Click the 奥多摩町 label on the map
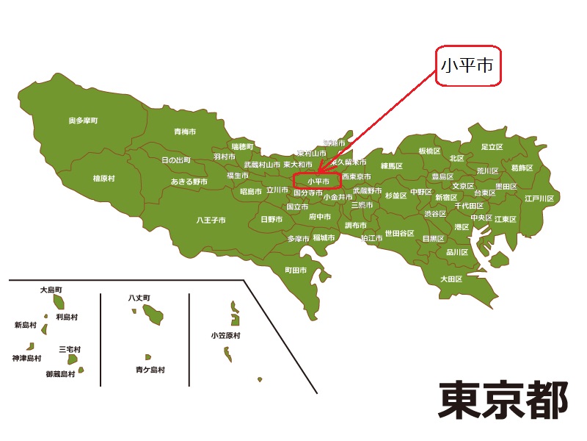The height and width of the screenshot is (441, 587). pyautogui.click(x=83, y=120)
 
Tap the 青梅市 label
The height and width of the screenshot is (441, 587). pyautogui.click(x=185, y=132)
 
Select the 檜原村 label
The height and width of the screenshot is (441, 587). pyautogui.click(x=103, y=178)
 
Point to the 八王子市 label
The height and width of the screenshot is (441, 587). pyautogui.click(x=211, y=220)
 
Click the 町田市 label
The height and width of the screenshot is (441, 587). pyautogui.click(x=295, y=270)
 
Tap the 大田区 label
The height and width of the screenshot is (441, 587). pyautogui.click(x=451, y=279)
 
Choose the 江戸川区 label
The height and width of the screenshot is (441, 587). pyautogui.click(x=539, y=198)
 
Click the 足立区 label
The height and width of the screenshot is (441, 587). pyautogui.click(x=492, y=147)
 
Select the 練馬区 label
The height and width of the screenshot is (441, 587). pyautogui.click(x=393, y=166)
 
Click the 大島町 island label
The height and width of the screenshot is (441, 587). pyautogui.click(x=52, y=290)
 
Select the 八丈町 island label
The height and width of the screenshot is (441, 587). pyautogui.click(x=139, y=298)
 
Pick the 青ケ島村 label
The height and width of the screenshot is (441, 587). pyautogui.click(x=150, y=370)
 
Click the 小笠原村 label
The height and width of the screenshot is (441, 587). pyautogui.click(x=225, y=335)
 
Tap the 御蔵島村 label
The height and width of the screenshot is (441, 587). pyautogui.click(x=60, y=374)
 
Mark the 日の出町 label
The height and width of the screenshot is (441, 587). pyautogui.click(x=176, y=159)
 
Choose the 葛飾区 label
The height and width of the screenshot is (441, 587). pyautogui.click(x=522, y=168)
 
